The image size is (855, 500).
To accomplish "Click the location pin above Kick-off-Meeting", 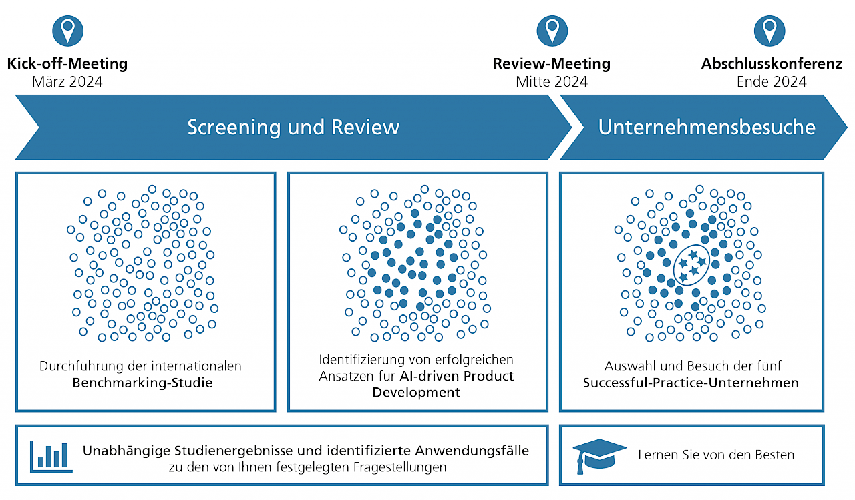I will [67, 30].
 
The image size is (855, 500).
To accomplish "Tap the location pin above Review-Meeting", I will [552, 30].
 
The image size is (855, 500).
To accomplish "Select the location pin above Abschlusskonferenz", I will [769, 30].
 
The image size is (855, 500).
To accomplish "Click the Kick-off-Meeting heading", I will [67, 64].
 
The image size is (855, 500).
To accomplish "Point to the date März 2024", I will [67, 82].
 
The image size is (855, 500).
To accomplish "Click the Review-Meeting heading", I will [552, 64].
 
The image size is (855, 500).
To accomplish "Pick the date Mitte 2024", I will [552, 82].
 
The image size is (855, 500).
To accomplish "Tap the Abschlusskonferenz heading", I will [772, 64].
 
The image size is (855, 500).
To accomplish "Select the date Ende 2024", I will [772, 82].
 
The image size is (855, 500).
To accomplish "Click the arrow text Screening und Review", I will [293, 127].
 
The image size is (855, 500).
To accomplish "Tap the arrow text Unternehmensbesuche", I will [707, 127].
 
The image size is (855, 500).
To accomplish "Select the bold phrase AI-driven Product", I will [457, 376].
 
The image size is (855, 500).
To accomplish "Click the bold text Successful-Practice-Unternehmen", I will [691, 383].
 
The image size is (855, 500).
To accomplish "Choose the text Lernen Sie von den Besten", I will [716, 455].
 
